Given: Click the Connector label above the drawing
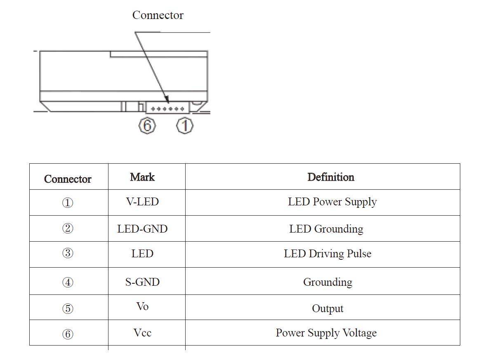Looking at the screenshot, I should [x=158, y=15].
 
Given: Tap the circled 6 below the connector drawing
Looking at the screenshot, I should [x=147, y=125].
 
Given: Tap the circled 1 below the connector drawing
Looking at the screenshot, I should [x=185, y=125].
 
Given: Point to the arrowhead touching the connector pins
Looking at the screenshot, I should [x=167, y=100].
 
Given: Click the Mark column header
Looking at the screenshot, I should [x=142, y=177].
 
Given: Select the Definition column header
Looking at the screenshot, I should [x=331, y=177].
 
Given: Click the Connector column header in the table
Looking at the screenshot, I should [x=68, y=179].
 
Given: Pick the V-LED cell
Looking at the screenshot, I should [x=142, y=202].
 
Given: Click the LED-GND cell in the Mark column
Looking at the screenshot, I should [x=142, y=229].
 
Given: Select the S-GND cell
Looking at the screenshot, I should [x=142, y=282].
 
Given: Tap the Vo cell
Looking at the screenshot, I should [x=142, y=307].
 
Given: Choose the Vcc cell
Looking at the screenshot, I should [x=142, y=333].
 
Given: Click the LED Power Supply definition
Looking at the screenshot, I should [x=332, y=202].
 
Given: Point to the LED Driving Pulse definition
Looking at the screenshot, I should [x=327, y=254].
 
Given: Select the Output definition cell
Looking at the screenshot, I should [x=327, y=308].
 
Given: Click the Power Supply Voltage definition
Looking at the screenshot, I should [x=326, y=333].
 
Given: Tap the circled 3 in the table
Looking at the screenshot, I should [x=68, y=253].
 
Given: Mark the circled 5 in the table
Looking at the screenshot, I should [x=68, y=309].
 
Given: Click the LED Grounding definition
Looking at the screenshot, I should [x=326, y=229].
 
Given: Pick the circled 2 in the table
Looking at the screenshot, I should [x=68, y=228].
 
